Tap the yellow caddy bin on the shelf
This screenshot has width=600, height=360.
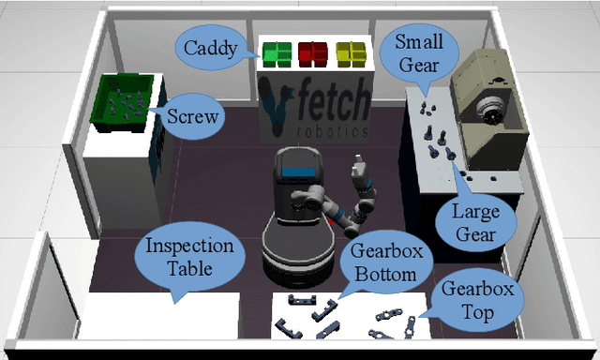tap(351, 52)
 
